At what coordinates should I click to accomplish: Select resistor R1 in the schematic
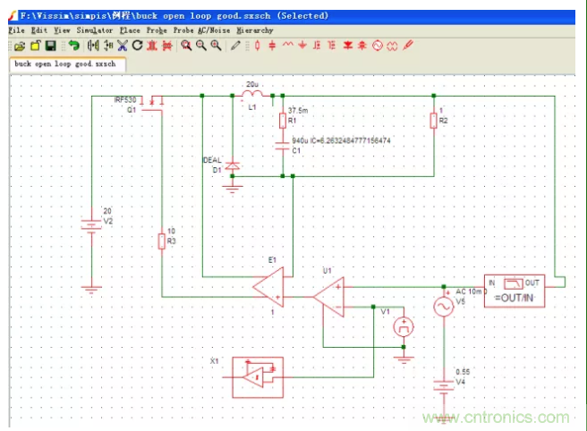tap(282, 121)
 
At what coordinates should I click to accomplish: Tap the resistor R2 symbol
tap(433, 121)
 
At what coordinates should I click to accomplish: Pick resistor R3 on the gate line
tap(161, 241)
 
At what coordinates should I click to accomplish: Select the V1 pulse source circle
tap(404, 327)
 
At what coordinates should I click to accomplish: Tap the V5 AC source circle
tap(443, 307)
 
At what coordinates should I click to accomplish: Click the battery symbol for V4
tap(443, 386)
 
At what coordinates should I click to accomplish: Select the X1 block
tap(258, 375)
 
